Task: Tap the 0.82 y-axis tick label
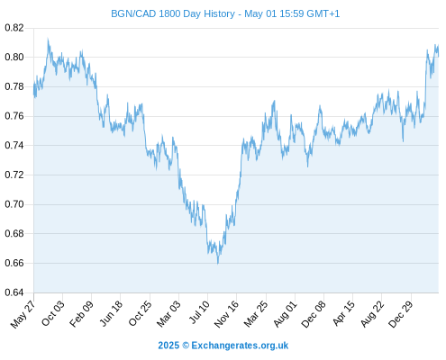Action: click(14, 28)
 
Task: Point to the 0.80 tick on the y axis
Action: click(14, 57)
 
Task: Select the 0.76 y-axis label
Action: click(14, 116)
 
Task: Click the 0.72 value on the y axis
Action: click(14, 175)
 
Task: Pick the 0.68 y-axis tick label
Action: click(14, 233)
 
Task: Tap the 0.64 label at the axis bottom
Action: click(14, 292)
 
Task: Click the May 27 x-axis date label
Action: click(23, 314)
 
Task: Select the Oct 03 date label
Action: click(52, 313)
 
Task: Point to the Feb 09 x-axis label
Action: click(81, 314)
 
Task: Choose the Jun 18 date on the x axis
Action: click(111, 313)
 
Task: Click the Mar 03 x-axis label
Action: click(168, 314)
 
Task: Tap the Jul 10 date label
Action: click(199, 312)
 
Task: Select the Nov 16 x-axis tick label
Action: click(226, 314)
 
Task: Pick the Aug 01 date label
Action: click(285, 314)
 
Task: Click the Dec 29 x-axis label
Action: click(401, 314)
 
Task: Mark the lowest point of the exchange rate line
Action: click(218, 264)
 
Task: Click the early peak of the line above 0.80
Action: click(48, 39)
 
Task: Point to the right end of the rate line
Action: click(439, 56)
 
